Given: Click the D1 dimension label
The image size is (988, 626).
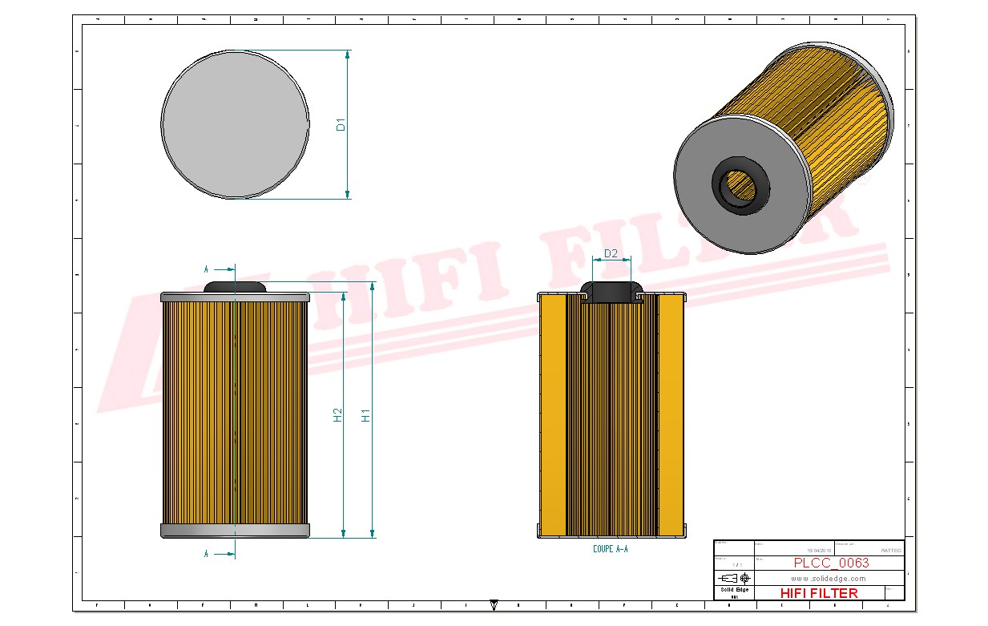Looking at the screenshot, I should coord(341,124).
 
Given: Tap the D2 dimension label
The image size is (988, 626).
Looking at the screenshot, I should coord(611,253).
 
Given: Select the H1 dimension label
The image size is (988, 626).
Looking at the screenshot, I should coord(366,415).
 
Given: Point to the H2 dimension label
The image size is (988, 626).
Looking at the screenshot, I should coord(337,414).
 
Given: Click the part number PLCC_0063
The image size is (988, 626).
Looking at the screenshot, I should coord(831,563).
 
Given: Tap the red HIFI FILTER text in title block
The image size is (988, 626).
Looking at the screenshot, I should coord(818,593).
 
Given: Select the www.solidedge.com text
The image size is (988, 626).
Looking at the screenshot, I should coord(829,578).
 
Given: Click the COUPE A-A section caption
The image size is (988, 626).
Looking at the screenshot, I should coord(611,549).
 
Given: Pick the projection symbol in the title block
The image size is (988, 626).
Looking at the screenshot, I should coord(734,578).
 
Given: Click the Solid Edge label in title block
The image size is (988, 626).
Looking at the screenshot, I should coord(733,590).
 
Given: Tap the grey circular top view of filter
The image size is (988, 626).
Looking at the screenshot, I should coord(235,124).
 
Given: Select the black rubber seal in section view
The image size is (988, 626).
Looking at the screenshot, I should coord(611,291).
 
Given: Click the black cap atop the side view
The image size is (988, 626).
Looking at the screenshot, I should coord(236,286).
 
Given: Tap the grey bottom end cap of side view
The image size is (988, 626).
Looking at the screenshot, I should coord(236,531).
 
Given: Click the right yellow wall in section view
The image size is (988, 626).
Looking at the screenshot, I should coord(671,415).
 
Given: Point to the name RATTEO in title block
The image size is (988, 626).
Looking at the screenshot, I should coord(890,551).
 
